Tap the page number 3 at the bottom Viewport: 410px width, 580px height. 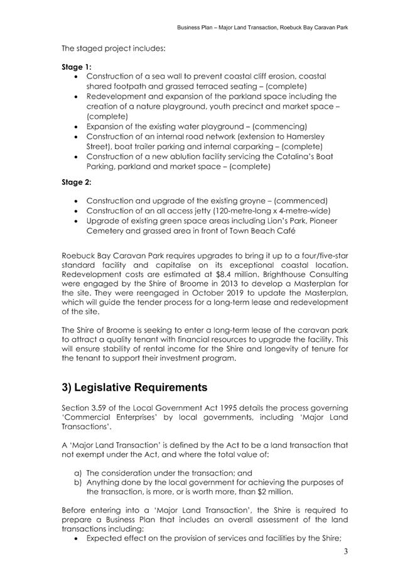click(345, 552)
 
